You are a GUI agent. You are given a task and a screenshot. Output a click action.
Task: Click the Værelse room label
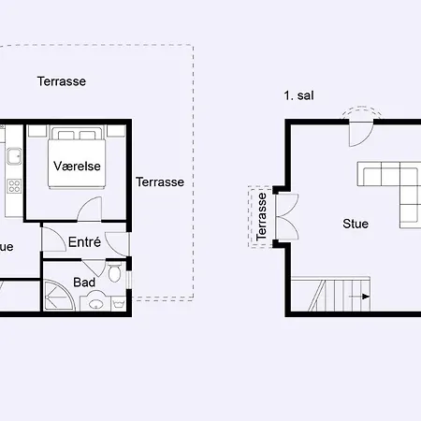[77, 166]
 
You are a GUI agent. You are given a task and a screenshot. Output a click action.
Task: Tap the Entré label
[84, 242]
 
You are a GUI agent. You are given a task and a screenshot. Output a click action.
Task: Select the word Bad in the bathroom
[84, 282]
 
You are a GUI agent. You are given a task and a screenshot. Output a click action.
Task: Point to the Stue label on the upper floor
[356, 224]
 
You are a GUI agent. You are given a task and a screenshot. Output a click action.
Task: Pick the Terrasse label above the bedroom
[62, 81]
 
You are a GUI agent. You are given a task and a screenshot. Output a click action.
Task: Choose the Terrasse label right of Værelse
[159, 181]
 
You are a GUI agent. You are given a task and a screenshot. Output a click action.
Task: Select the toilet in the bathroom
[115, 274]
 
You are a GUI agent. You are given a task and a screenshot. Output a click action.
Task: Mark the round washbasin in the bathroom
[95, 303]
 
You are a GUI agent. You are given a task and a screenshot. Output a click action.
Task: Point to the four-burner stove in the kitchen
[13, 185]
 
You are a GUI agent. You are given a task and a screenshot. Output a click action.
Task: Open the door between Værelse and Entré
[91, 210]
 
